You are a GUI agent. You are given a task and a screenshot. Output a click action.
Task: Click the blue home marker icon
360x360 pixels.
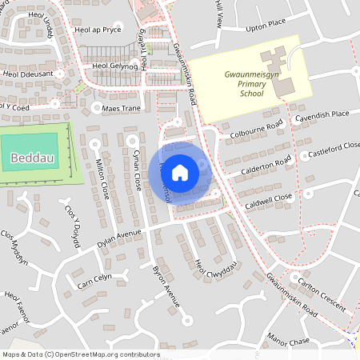tap(180, 172)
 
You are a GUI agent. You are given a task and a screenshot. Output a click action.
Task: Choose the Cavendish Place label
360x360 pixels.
tap(322, 114)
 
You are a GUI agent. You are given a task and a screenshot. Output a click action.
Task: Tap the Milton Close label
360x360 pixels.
tap(102, 178)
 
